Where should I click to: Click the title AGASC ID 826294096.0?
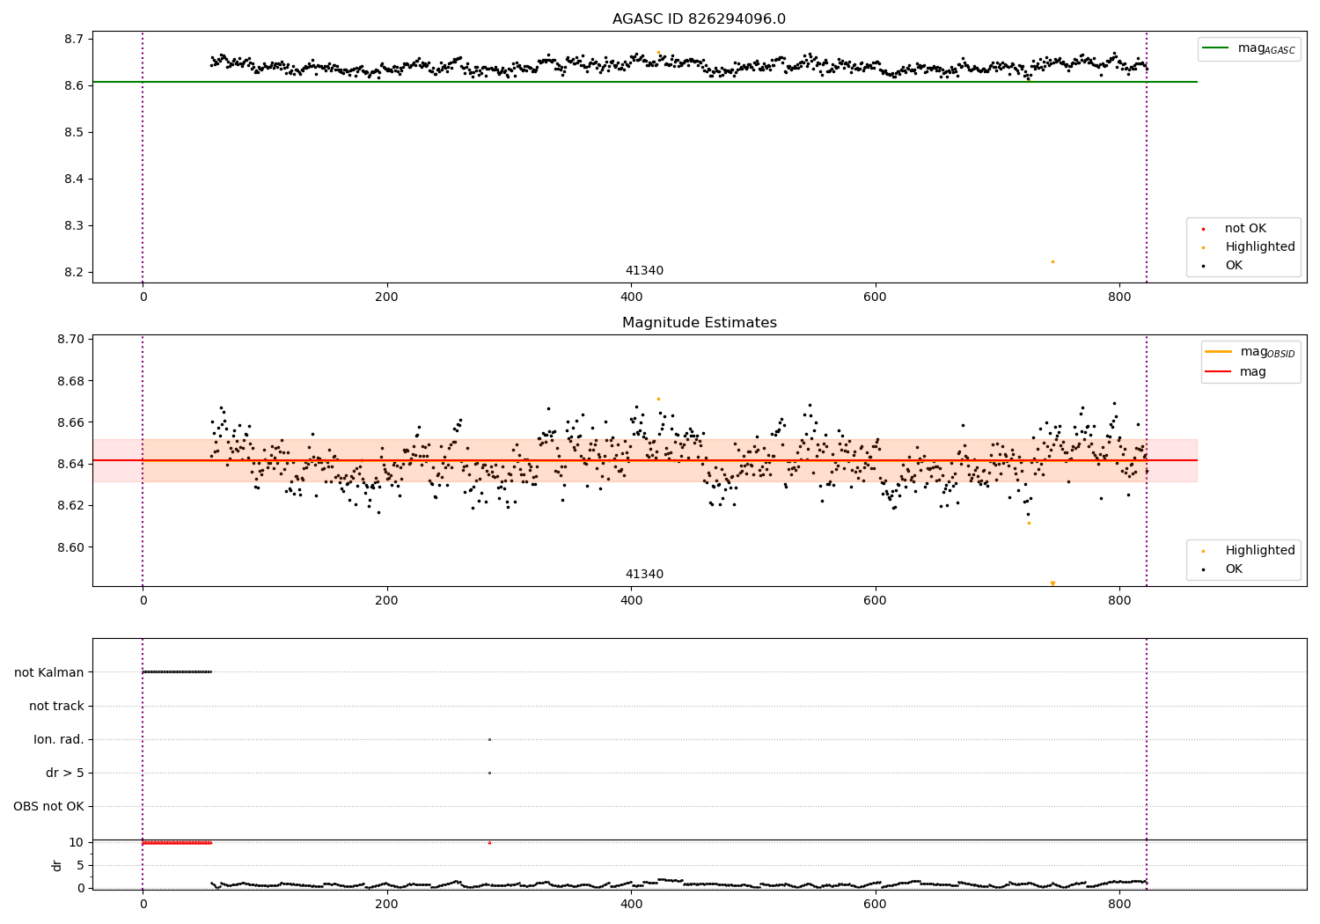(699, 18)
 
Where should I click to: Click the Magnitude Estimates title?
(700, 322)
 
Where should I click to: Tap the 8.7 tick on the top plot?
(74, 39)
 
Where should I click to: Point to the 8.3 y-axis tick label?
(74, 225)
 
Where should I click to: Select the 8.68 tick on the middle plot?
(70, 381)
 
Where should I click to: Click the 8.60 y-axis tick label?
(70, 547)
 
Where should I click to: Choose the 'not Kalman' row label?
(49, 672)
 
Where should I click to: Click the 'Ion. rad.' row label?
(59, 739)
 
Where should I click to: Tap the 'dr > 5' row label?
(65, 774)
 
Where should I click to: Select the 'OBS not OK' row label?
(48, 806)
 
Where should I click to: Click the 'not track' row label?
(56, 706)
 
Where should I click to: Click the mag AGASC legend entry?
(1250, 48)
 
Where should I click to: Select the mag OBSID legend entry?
(1250, 352)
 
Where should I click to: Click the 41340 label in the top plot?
(644, 270)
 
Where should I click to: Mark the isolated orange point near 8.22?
(1052, 261)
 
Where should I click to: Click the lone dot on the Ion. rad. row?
(489, 739)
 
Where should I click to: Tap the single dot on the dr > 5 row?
(489, 774)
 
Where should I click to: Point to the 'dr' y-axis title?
(56, 866)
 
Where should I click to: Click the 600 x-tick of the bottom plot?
(875, 905)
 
